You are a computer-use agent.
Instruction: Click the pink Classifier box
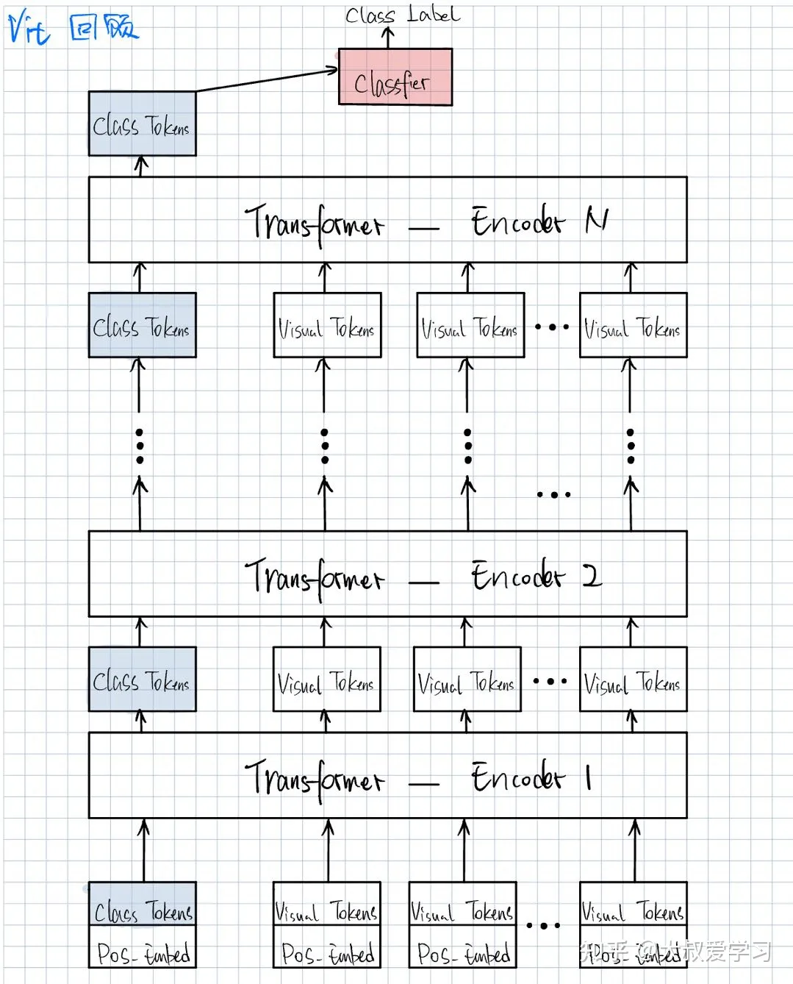[395, 77]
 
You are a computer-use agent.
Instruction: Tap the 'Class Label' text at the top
[402, 15]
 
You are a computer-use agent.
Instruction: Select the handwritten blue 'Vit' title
[29, 28]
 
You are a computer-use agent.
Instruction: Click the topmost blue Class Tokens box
[142, 124]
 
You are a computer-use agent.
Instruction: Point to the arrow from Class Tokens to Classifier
[268, 79]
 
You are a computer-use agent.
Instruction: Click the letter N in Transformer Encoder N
[596, 220]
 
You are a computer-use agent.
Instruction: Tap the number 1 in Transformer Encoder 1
[589, 777]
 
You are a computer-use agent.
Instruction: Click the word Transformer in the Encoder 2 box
[314, 577]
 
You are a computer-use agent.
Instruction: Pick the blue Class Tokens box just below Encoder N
[142, 325]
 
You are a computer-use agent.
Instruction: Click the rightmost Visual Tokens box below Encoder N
[633, 325]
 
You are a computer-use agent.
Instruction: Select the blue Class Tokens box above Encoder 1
[142, 679]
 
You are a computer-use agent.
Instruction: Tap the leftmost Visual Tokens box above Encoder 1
[326, 679]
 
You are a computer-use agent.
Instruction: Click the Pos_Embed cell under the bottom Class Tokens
[143, 953]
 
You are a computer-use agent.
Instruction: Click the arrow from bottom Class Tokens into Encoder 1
[143, 849]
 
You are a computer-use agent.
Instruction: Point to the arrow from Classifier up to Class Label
[389, 38]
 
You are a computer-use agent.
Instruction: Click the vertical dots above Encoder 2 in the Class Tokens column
[140, 446]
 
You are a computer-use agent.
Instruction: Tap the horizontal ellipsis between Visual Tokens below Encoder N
[552, 327]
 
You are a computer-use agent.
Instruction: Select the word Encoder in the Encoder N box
[517, 221]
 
